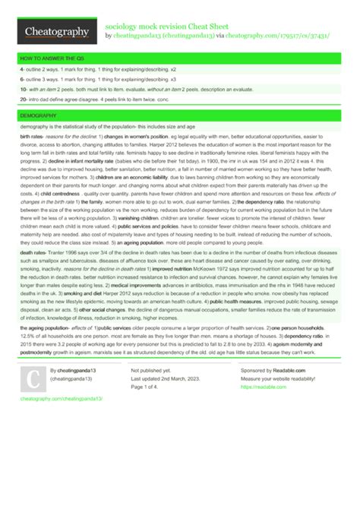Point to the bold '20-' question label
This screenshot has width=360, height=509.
(24, 99)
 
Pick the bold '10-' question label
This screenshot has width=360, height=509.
(24, 88)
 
